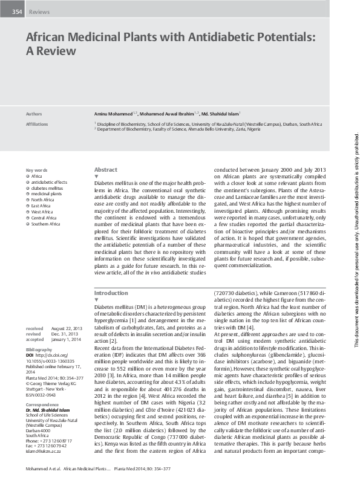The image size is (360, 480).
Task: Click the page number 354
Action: [17, 12]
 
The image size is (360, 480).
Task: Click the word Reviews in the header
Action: [39, 12]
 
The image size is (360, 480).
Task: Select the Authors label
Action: [34, 113]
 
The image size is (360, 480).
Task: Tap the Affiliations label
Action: [37, 123]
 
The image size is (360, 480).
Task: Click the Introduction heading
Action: [111, 292]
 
